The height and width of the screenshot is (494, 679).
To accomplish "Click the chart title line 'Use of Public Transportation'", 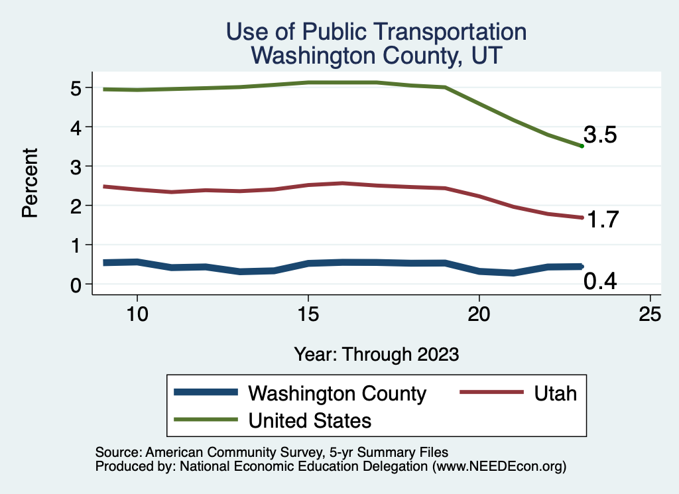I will [376, 31].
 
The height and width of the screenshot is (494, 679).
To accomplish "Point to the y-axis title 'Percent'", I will [29, 186].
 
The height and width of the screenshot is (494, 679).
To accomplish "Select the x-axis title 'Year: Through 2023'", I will [377, 354].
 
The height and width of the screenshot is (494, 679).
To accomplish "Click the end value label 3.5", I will [600, 135].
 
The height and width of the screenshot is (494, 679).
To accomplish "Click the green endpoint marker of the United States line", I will [582, 146].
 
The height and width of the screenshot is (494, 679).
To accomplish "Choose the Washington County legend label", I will [337, 393].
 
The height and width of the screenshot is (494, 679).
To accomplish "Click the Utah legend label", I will [555, 393].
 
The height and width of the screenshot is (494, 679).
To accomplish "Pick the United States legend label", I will [310, 420].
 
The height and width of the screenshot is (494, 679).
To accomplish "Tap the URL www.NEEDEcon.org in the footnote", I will [499, 466].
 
